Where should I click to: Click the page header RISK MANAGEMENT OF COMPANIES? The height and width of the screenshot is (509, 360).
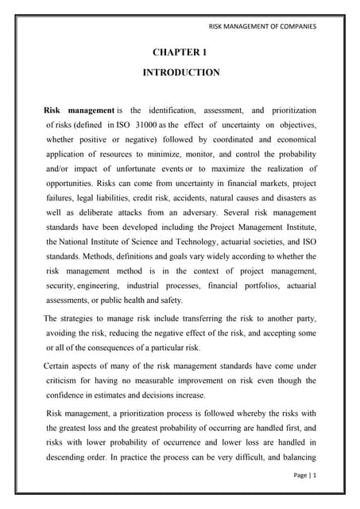tap(262, 27)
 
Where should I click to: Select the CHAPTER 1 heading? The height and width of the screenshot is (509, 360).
tap(180, 52)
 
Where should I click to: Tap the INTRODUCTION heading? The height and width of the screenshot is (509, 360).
tap(180, 72)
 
